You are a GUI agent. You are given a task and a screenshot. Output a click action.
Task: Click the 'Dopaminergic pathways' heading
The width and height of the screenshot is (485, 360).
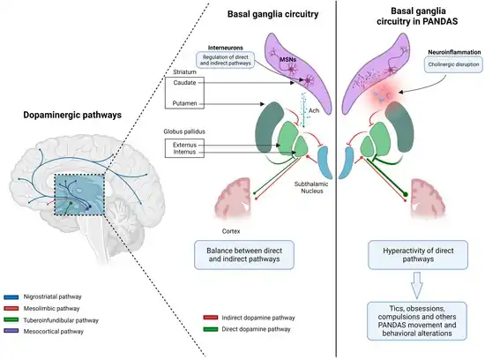[72, 116]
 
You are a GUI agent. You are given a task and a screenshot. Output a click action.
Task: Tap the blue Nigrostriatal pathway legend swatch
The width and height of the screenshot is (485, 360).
[11, 297]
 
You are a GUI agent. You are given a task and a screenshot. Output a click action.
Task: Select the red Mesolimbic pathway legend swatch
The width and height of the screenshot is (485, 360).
[11, 309]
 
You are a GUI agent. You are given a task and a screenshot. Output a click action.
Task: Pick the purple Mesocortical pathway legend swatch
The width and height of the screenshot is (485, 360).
[11, 331]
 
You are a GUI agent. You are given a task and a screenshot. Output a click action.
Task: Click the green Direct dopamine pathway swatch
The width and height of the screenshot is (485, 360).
[211, 329]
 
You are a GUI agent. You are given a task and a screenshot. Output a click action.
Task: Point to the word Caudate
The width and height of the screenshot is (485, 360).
[184, 83]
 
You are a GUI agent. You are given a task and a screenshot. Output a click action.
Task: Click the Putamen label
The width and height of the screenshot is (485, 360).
[184, 103]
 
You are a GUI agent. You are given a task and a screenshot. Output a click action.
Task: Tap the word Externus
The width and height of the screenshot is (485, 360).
[184, 145]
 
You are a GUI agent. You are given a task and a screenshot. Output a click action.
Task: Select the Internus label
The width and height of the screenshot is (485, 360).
[184, 152]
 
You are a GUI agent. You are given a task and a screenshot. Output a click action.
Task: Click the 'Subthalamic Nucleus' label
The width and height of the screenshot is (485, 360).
[311, 188]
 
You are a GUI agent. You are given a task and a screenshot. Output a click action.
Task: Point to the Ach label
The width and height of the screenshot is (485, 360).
[314, 110]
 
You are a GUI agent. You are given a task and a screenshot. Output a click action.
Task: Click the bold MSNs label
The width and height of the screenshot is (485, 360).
[288, 59]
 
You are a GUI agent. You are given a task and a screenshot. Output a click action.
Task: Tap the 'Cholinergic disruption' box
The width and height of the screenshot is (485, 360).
[453, 64]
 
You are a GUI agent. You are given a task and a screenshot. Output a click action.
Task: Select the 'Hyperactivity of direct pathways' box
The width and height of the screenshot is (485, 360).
[418, 255]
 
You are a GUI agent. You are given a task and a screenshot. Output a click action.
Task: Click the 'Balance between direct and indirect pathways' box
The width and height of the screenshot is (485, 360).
[244, 255]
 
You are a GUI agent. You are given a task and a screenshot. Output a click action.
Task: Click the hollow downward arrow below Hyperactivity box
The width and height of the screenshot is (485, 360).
[417, 285]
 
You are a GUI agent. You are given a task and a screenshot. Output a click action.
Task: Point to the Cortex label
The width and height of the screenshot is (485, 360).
[231, 231]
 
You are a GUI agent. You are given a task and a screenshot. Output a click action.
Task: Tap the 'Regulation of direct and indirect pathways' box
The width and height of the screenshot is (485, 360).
[226, 60]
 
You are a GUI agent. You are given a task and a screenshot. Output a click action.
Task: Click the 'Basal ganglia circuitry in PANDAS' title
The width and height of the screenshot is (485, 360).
[418, 16]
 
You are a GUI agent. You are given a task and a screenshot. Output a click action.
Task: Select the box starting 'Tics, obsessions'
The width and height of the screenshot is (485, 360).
[416, 321]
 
